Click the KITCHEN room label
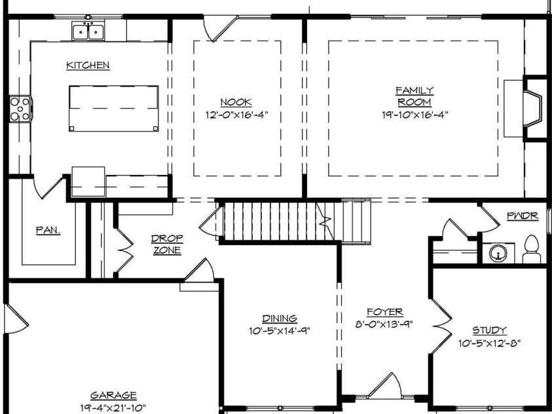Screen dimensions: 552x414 tap(88, 65)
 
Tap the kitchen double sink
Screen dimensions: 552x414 tap(88, 31)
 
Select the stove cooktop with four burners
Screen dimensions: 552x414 tap(20, 109)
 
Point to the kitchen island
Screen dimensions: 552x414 tap(114, 108)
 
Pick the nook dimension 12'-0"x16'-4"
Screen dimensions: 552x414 tap(236, 115)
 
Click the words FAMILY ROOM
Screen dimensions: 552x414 tap(414, 96)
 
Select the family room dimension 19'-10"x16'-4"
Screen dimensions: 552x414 tap(414, 115)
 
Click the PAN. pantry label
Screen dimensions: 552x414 tap(48, 230)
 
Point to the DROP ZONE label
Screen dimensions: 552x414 tap(167, 244)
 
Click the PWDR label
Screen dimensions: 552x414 tap(523, 216)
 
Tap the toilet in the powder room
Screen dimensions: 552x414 tap(532, 249)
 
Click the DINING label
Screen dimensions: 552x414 tap(280, 318)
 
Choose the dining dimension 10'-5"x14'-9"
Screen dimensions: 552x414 tap(280, 331)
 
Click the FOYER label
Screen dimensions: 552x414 tap(385, 312)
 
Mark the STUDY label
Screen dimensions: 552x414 tap(489, 330)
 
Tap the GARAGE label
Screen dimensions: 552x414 tap(113, 396)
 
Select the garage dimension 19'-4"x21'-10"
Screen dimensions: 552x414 tap(113, 408)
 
